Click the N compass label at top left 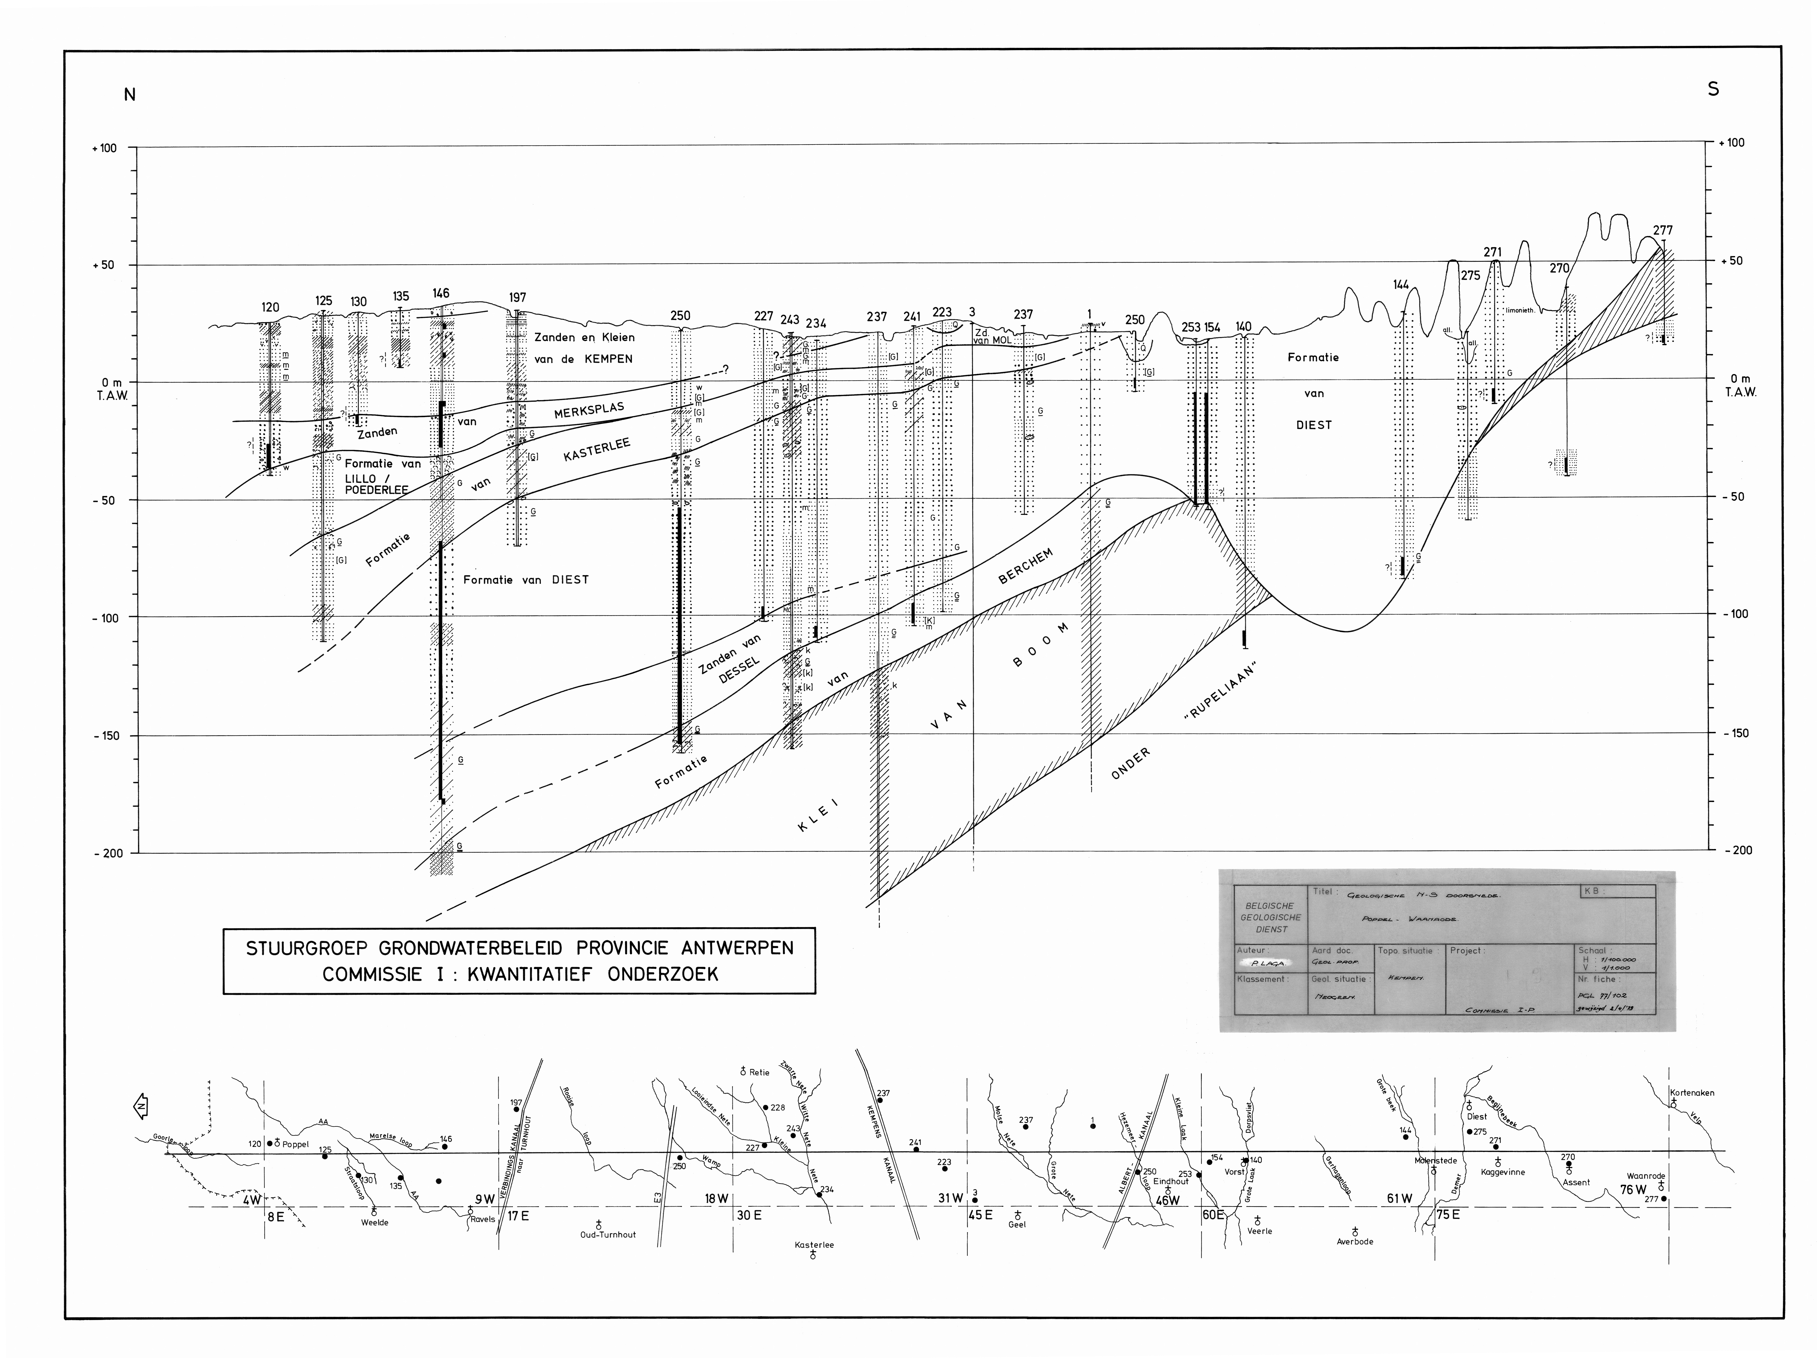pyautogui.click(x=130, y=94)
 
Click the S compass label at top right pyautogui.click(x=1713, y=89)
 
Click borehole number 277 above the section pyautogui.click(x=1663, y=231)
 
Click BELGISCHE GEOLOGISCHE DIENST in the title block pyautogui.click(x=1270, y=918)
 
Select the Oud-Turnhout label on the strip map pyautogui.click(x=608, y=1235)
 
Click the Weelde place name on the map pyautogui.click(x=375, y=1222)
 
